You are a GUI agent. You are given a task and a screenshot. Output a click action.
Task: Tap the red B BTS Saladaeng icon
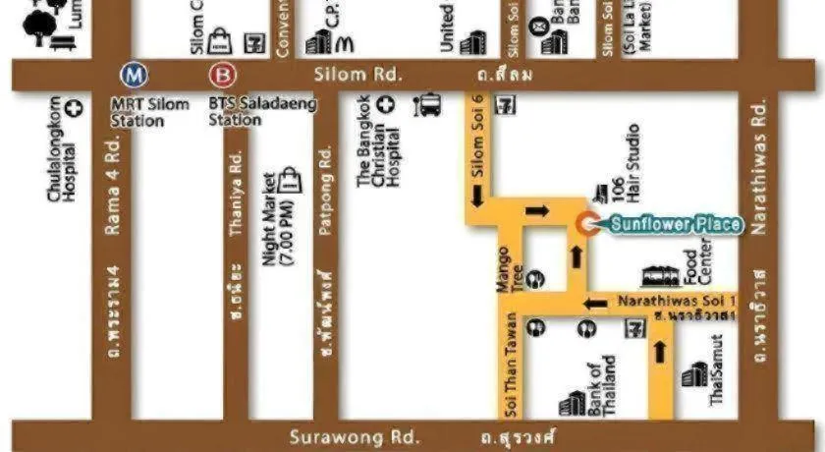pos(220,75)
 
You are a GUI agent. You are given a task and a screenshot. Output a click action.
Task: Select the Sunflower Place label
pos(675,224)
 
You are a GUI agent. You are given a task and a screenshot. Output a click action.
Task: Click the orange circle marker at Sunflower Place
pos(587,224)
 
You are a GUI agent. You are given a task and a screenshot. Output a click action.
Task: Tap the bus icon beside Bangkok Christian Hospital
pos(429,104)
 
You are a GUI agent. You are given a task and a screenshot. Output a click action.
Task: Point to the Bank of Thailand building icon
pos(572,404)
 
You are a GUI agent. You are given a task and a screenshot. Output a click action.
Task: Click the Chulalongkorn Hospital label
pos(61,149)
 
